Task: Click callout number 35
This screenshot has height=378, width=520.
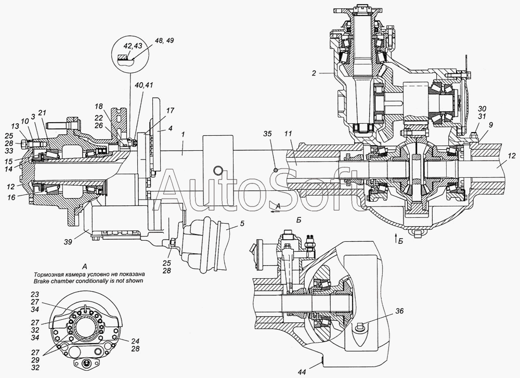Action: click(x=267, y=134)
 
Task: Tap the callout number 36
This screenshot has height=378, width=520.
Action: click(x=399, y=311)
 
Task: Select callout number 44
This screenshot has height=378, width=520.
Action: click(x=302, y=372)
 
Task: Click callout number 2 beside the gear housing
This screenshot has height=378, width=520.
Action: click(x=314, y=73)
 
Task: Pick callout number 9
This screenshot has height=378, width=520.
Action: click(x=490, y=125)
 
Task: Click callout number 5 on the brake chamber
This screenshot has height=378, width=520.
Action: click(x=242, y=223)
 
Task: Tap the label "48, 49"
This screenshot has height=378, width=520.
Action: click(x=164, y=41)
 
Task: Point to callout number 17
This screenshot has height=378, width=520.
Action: click(x=170, y=111)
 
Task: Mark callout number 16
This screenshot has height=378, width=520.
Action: click(x=11, y=198)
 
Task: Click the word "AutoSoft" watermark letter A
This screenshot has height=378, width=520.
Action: click(x=171, y=191)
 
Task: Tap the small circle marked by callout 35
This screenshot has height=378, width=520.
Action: click(x=276, y=170)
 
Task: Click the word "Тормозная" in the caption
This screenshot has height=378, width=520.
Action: click(x=46, y=275)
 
